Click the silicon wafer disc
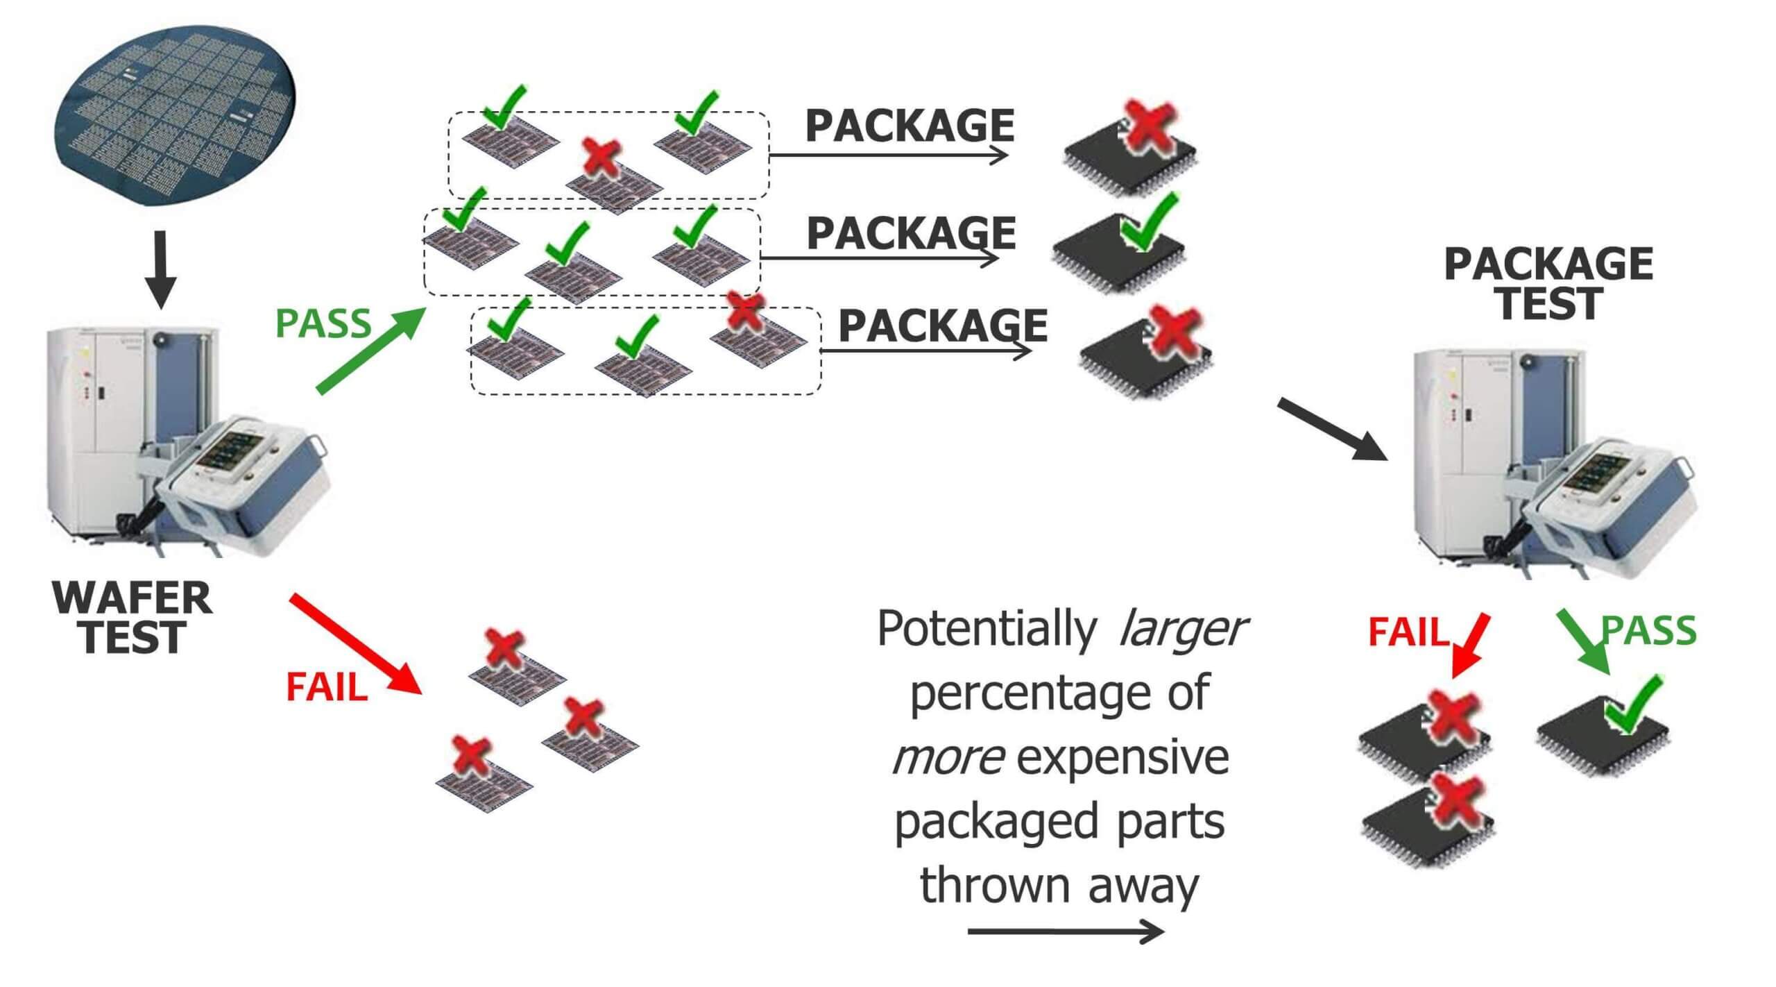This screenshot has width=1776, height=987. pyautogui.click(x=178, y=118)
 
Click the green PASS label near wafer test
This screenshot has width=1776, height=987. pyautogui.click(x=323, y=323)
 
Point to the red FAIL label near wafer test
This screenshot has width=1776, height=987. pyautogui.click(x=326, y=687)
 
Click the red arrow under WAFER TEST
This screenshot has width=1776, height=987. pyautogui.click(x=355, y=643)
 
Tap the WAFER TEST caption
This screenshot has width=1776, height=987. pyautogui.click(x=132, y=618)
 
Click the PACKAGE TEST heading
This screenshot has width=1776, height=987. pyautogui.click(x=1548, y=284)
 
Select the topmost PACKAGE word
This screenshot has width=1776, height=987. pyautogui.click(x=910, y=126)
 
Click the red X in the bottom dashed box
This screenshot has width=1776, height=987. pyautogui.click(x=745, y=312)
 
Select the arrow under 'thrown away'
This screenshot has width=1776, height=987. pyautogui.click(x=1065, y=931)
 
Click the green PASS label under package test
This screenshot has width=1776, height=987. pyautogui.click(x=1648, y=630)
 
